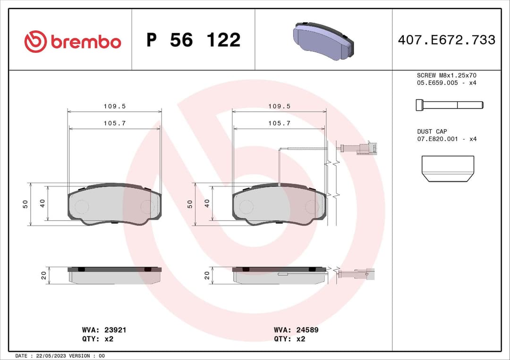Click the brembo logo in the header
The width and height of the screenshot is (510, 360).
(x=73, y=42)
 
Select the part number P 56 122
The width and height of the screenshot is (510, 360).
(x=193, y=40)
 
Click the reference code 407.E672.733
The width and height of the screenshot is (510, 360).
(x=446, y=40)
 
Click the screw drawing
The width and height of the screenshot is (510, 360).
(x=449, y=105)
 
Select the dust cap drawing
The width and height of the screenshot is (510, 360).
(x=447, y=168)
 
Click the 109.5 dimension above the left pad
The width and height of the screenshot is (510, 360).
(x=114, y=107)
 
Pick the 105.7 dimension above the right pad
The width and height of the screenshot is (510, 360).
(x=279, y=123)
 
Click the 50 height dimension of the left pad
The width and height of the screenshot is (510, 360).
(x=25, y=204)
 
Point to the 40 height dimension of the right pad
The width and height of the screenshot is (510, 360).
(x=206, y=203)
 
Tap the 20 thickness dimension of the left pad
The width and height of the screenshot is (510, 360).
(x=44, y=276)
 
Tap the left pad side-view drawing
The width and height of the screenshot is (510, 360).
(x=115, y=275)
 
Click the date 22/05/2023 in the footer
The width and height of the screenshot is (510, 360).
(x=53, y=356)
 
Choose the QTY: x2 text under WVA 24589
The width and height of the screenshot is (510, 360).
(x=289, y=339)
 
